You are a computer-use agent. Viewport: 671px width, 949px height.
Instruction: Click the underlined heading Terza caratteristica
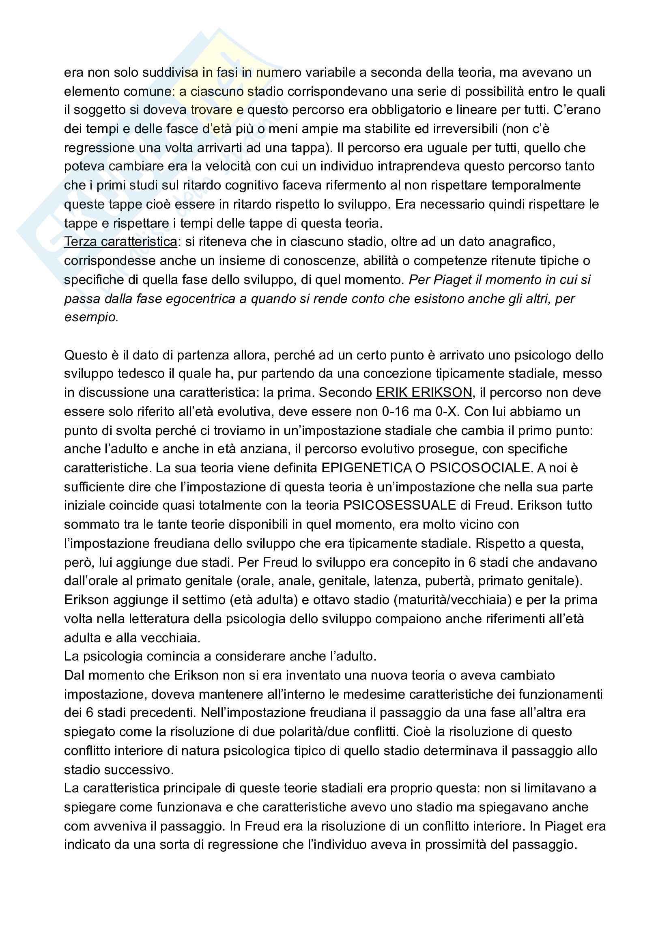(x=120, y=241)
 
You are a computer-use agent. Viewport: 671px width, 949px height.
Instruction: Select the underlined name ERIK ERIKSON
(x=424, y=392)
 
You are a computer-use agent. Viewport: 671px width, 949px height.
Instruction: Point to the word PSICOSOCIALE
(x=480, y=467)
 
